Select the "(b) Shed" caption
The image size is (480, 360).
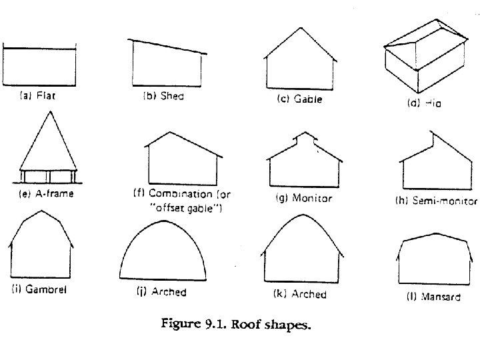tap(163, 96)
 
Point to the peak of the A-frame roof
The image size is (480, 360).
tap(48, 111)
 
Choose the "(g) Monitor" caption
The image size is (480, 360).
tap(303, 198)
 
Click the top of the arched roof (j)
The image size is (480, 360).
tap(163, 218)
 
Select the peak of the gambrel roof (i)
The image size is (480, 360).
tap(41, 212)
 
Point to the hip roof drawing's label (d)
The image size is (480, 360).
tap(424, 103)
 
